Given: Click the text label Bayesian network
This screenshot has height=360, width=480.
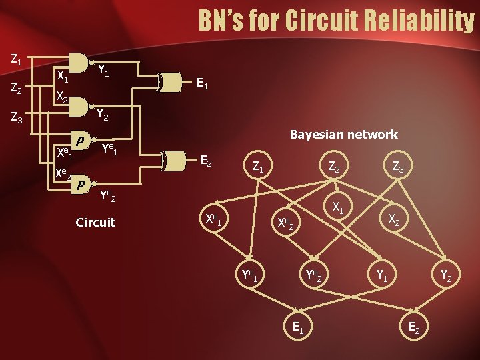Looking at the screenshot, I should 343,135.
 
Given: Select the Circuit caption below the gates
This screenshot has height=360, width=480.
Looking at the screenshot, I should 95,222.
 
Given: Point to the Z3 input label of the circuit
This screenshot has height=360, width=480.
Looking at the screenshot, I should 17,119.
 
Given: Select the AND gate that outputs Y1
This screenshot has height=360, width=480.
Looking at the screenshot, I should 79,63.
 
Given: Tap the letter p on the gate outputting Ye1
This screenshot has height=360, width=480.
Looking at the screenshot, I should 80,141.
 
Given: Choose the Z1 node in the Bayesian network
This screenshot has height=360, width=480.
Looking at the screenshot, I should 257,168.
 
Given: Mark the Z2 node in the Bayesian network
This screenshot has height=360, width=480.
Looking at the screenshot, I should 333,168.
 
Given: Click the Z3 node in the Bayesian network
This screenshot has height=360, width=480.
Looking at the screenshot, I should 397,168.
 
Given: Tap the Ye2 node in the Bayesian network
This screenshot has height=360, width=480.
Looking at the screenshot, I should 313,274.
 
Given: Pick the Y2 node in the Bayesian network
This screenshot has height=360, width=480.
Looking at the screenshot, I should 445,274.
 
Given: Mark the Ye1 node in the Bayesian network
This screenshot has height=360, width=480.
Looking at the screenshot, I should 250,274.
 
